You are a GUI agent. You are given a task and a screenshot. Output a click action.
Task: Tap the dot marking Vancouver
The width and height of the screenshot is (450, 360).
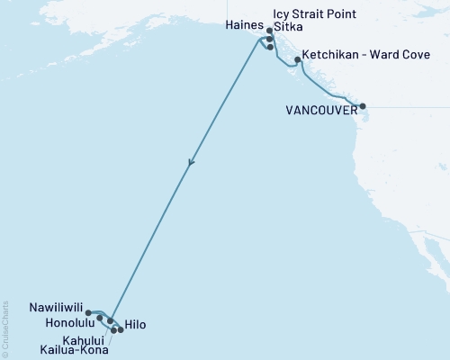(x=363, y=107)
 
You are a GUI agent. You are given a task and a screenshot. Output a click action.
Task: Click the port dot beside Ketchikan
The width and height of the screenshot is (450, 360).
(x=298, y=60)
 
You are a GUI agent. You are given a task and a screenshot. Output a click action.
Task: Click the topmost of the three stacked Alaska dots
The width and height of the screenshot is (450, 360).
(x=269, y=31)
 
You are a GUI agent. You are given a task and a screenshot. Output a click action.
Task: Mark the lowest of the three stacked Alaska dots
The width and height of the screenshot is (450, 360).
(x=270, y=47)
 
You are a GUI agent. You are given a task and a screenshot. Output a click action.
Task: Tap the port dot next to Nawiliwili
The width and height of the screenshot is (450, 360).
(x=88, y=313)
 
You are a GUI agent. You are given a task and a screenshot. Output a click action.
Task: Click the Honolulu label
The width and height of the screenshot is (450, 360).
(x=67, y=321)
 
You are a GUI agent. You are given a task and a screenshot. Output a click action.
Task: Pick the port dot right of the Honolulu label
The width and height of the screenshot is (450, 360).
(x=99, y=318)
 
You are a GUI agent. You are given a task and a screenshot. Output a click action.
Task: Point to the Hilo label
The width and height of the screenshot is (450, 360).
(x=134, y=324)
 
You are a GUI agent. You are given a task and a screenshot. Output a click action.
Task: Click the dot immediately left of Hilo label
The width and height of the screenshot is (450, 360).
(x=121, y=330)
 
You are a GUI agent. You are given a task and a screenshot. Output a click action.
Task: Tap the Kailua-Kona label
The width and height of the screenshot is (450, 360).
(x=75, y=349)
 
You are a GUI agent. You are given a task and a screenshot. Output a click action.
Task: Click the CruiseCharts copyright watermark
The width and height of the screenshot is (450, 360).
(x=5, y=329)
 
